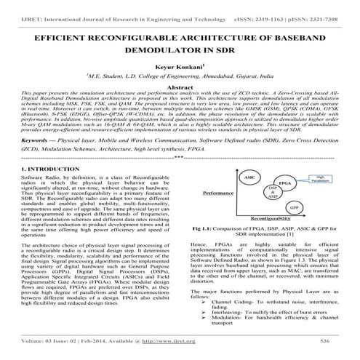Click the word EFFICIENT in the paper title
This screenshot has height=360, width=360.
point(64,37)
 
